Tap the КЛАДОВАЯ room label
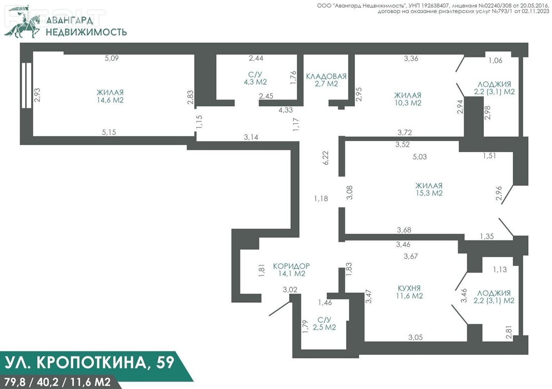pyautogui.click(x=326, y=76)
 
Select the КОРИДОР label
pyautogui.click(x=292, y=266)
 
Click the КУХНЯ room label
pyautogui.click(x=408, y=288)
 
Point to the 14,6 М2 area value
pyautogui.click(x=110, y=100)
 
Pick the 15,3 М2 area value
pyautogui.click(x=429, y=193)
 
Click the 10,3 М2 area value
pyautogui.click(x=408, y=103)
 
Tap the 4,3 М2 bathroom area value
pyautogui.click(x=255, y=82)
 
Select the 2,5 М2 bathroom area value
pyautogui.click(x=325, y=327)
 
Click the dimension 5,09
pyautogui.click(x=111, y=58)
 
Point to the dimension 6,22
pyautogui.click(x=326, y=158)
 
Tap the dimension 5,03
pyautogui.click(x=420, y=157)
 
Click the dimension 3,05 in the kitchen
pyautogui.click(x=416, y=337)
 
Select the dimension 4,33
pyautogui.click(x=286, y=110)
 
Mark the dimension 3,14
pyautogui.click(x=251, y=138)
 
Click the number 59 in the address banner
pyautogui.click(x=165, y=362)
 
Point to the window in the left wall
pyautogui.click(x=27, y=85)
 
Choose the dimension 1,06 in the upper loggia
pyautogui.click(x=495, y=61)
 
